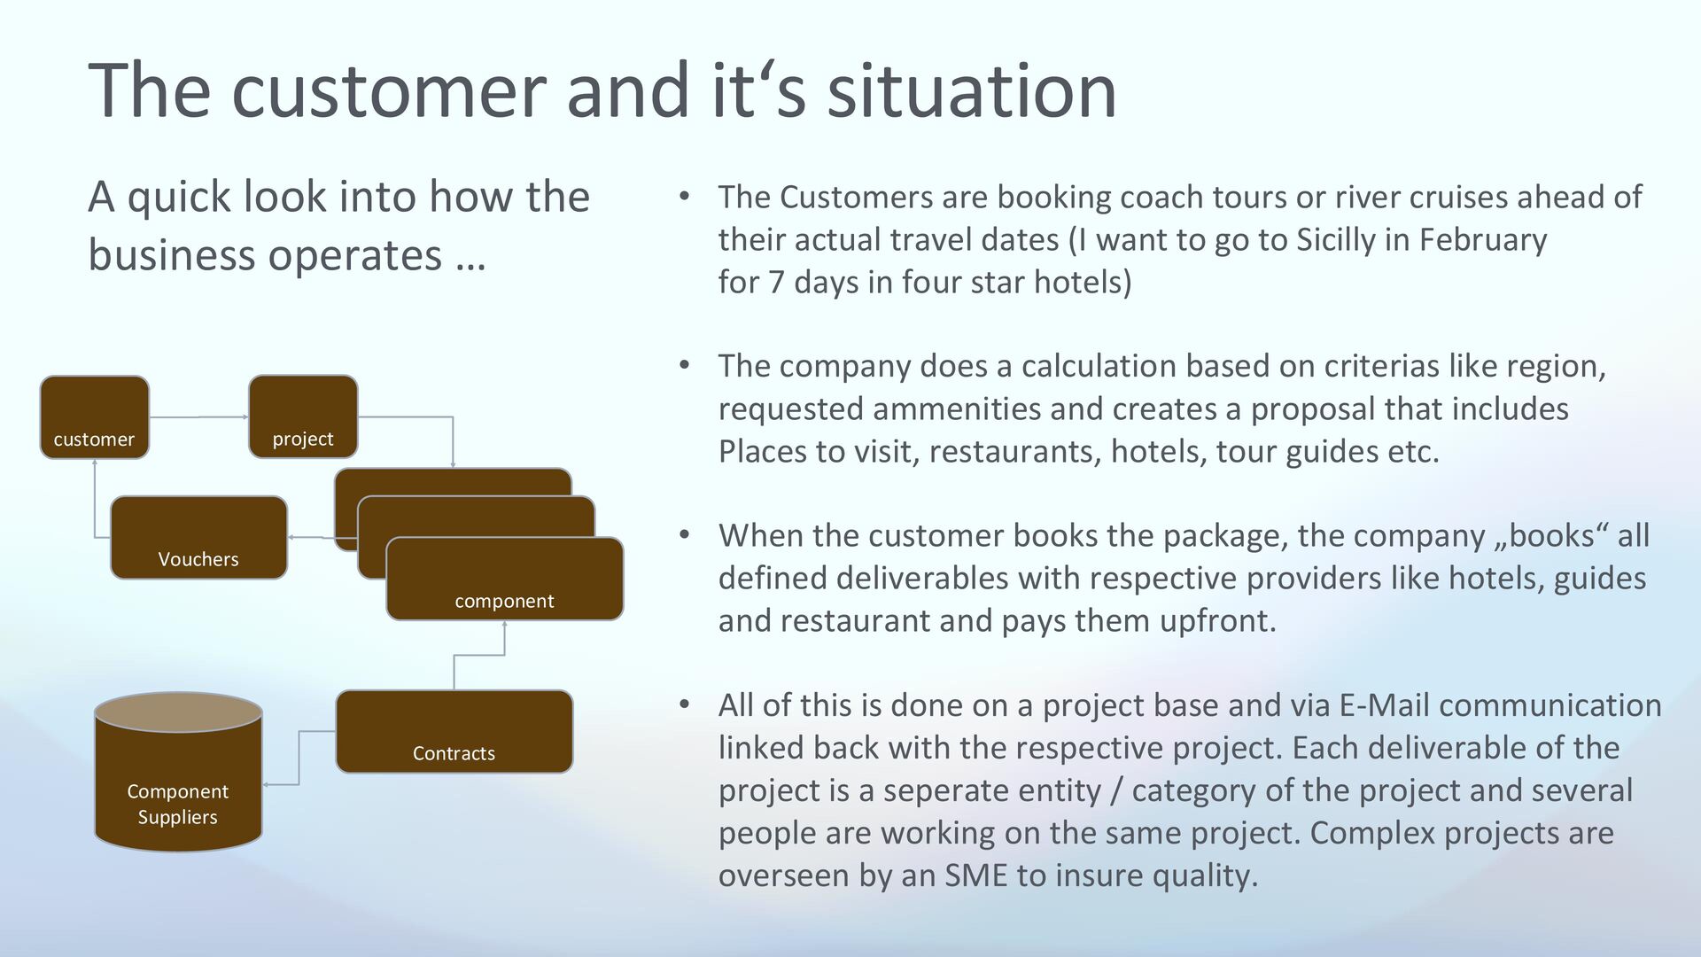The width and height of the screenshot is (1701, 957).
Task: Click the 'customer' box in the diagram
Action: [x=95, y=417]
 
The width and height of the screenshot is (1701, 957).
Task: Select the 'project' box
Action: [x=303, y=417]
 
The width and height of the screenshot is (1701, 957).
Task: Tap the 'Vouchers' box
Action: [x=198, y=538]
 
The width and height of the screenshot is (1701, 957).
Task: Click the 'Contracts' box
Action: [x=454, y=732]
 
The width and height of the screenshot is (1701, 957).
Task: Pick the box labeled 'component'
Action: [x=504, y=580]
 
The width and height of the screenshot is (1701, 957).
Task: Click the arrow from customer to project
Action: [x=198, y=416]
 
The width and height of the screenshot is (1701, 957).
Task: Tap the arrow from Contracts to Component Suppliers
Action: [x=299, y=758]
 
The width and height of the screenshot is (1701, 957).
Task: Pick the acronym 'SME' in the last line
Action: [x=975, y=875]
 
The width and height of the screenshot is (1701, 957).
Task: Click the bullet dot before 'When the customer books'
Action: [x=684, y=534]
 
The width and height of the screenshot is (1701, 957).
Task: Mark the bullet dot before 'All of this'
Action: [x=684, y=704]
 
